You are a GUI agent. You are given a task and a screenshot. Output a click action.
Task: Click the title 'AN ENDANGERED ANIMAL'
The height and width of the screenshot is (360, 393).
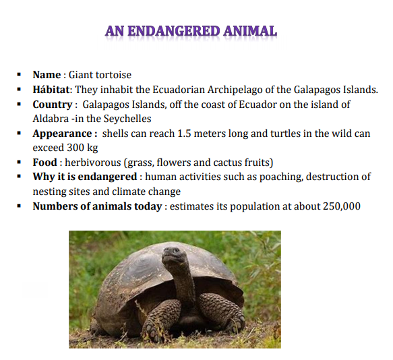(191, 31)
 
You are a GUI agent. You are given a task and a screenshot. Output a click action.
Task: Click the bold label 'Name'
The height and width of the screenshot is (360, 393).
(47, 75)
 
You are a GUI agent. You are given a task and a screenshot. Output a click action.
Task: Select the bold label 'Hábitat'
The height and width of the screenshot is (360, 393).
(52, 90)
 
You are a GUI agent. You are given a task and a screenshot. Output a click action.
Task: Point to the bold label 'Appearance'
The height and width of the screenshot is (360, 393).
(61, 133)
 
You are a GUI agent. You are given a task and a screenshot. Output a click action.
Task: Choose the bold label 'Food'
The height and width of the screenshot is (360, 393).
(44, 162)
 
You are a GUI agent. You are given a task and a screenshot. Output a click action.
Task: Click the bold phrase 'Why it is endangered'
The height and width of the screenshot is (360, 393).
(86, 177)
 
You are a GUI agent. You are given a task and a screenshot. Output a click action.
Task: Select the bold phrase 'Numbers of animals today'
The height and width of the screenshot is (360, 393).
(97, 206)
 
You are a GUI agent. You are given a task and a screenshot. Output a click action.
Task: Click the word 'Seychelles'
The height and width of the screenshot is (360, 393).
(141, 119)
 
